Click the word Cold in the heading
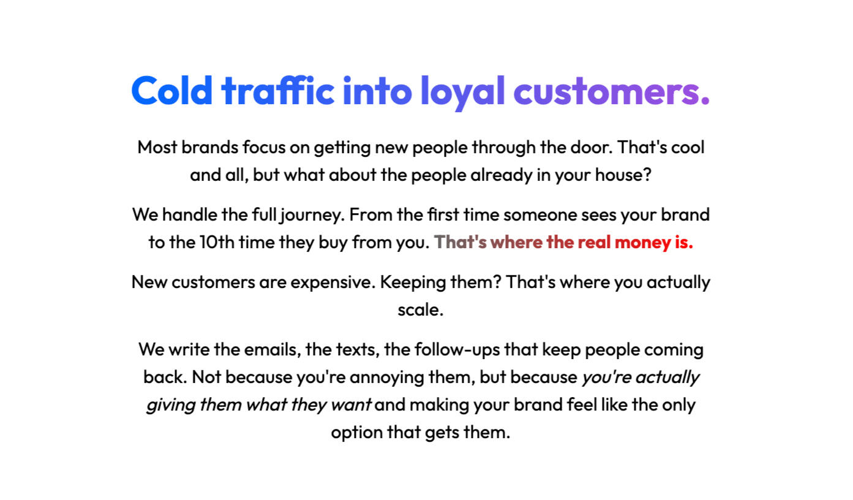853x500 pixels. coord(171,90)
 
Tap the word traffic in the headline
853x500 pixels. coord(278,90)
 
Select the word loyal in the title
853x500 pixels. coord(463,93)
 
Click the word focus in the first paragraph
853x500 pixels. coord(264,147)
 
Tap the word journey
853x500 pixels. coord(312,215)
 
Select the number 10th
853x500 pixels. coord(217,242)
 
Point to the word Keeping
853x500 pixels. coord(413,283)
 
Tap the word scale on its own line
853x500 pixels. coord(418,309)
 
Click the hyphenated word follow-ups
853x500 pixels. coord(457,350)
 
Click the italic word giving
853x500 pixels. coord(171,406)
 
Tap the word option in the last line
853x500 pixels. coord(357,433)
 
